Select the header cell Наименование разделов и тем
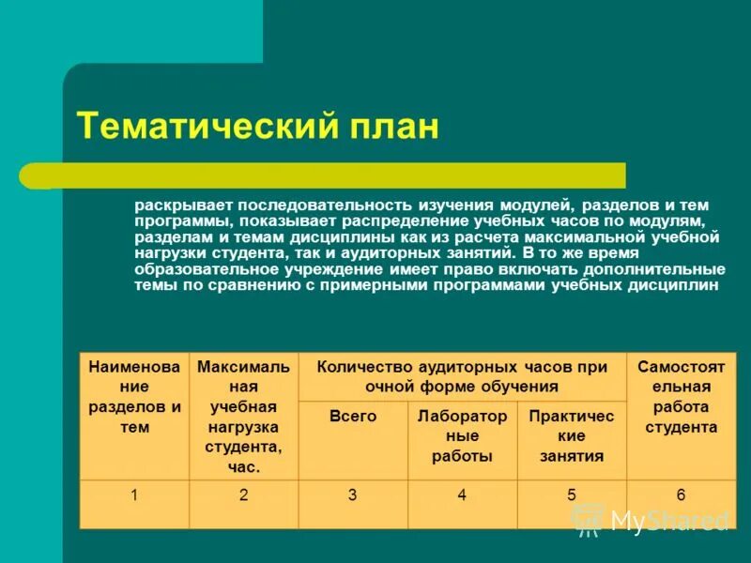(x=134, y=416)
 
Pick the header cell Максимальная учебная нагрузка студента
(x=243, y=416)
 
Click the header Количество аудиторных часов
(x=462, y=376)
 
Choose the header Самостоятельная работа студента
(x=681, y=416)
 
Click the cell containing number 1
(x=134, y=495)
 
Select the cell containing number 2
(x=243, y=495)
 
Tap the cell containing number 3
(x=353, y=495)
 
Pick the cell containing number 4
(x=462, y=495)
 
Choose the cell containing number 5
(x=572, y=495)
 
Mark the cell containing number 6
(x=681, y=495)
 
